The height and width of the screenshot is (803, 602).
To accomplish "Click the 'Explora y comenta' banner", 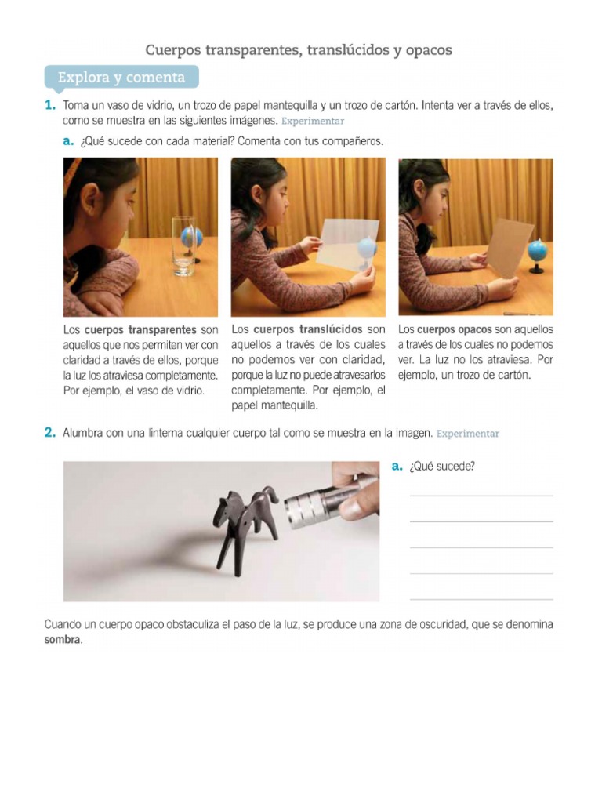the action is tap(121, 78).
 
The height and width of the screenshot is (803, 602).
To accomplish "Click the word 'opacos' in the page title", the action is tap(429, 50).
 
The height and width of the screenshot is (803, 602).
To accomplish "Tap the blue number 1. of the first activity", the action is tap(49, 105).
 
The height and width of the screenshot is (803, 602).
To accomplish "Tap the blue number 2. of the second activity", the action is tap(49, 432).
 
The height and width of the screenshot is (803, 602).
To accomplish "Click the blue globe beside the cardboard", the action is tap(538, 255).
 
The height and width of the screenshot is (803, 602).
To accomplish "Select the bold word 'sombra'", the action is tap(62, 640).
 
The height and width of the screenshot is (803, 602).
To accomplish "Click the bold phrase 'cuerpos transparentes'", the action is tap(140, 329).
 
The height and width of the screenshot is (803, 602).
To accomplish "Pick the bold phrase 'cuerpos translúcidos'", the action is tap(307, 329).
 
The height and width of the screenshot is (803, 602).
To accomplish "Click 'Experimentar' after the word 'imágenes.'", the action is tap(313, 122).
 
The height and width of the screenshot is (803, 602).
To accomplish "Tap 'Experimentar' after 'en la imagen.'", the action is tap(468, 434).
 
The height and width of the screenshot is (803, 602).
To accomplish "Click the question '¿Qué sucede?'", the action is tap(442, 467).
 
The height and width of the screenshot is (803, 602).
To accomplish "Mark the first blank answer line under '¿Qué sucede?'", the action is tap(481, 496).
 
